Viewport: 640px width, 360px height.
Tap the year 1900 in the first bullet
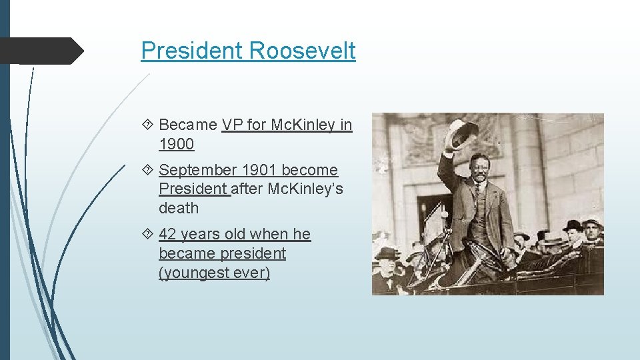pos(177,144)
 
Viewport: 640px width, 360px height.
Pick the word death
pos(179,208)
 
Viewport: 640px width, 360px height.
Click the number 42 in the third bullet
pos(169,234)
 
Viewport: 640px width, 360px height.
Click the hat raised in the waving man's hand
pos(461,134)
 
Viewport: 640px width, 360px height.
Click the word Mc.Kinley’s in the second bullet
pos(305,189)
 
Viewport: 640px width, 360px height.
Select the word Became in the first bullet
pos(188,125)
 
